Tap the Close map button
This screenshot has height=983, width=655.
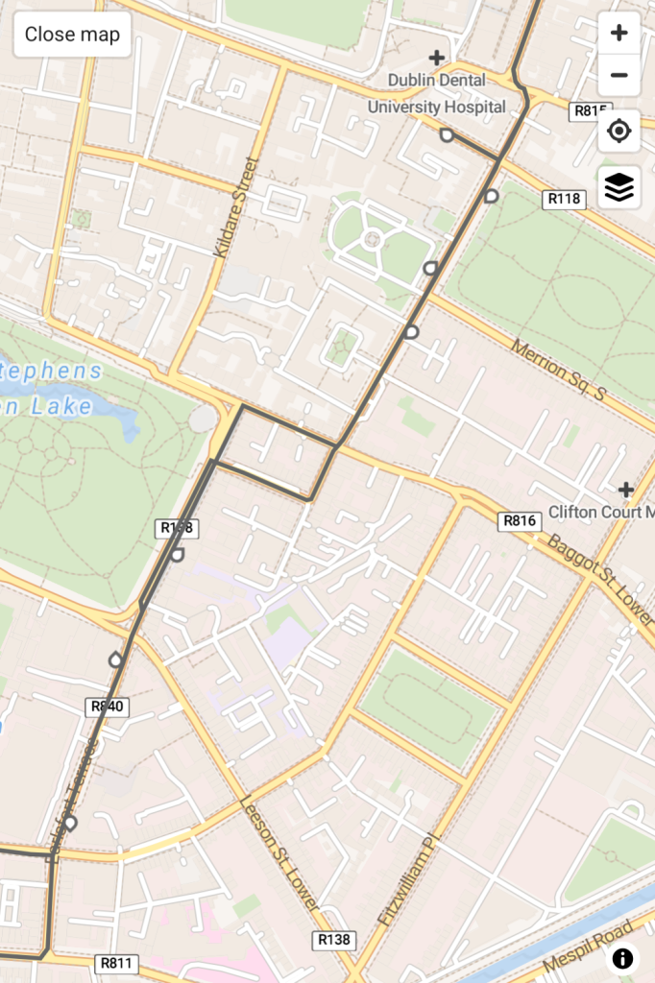(72, 35)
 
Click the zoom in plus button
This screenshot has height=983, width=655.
(619, 33)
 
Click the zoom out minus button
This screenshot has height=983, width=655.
(619, 75)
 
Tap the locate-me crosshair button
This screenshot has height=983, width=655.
(619, 131)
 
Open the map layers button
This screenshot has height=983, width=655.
(619, 187)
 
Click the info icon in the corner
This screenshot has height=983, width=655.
(622, 957)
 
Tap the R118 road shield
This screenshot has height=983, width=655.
(564, 200)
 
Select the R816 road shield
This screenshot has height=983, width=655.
(520, 521)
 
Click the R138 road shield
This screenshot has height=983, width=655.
(333, 940)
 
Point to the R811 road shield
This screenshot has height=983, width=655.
(117, 963)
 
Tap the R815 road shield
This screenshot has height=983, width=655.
(588, 110)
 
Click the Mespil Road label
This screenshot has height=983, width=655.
(589, 946)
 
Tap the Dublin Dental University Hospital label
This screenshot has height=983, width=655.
(437, 94)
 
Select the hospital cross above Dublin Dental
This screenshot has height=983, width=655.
(437, 59)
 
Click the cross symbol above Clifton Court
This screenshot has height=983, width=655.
(625, 490)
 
